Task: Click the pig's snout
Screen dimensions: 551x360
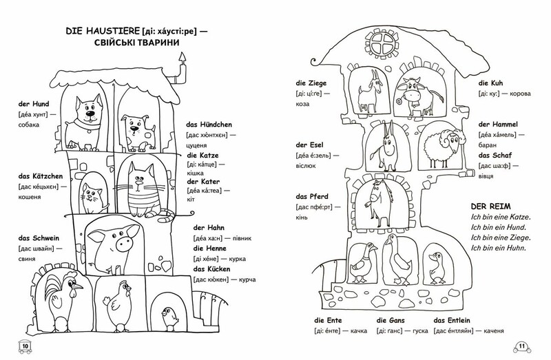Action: pos(125,244)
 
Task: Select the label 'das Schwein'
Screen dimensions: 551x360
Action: pos(39,238)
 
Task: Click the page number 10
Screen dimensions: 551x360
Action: pos(25,347)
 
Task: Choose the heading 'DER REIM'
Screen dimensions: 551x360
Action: pos(491,207)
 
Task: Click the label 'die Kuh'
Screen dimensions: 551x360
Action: pos(490,83)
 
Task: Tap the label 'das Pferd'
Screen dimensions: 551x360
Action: pos(312,197)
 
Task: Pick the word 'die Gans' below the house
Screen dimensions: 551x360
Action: pos(391,320)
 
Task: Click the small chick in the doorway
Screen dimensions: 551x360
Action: pos(169,317)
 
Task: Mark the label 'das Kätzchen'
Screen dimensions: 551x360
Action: pos(41,176)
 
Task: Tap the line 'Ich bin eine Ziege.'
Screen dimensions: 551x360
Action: pos(501,237)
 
